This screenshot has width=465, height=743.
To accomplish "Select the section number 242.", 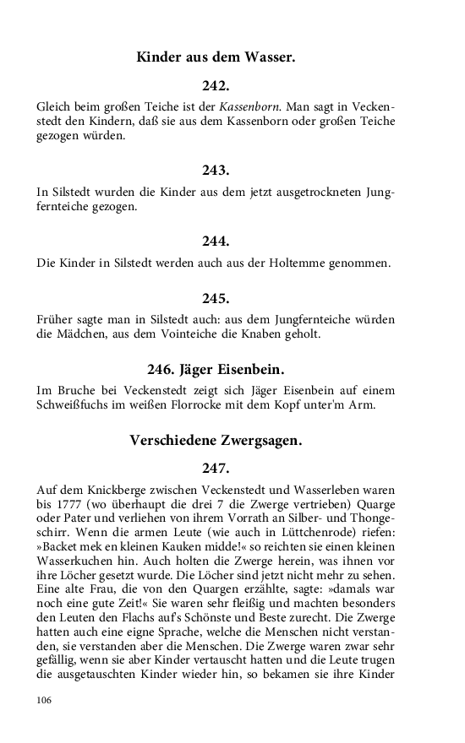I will pos(216,86).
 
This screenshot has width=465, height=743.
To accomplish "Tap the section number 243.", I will pos(216,171).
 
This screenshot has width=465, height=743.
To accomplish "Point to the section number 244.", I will pos(216,241).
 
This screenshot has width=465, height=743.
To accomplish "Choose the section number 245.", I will pos(216,298).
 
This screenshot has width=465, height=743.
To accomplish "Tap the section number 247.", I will pos(216,468).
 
